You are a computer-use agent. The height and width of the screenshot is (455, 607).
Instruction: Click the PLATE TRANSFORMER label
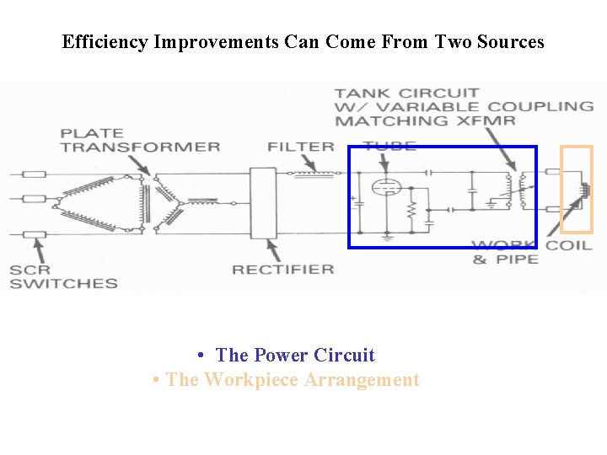tap(140, 140)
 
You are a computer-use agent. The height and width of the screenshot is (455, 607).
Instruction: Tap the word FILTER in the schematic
tap(301, 147)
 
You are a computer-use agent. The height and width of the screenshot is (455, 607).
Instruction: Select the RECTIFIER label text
tap(283, 270)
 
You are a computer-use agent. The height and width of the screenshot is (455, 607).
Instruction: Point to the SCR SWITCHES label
tap(63, 277)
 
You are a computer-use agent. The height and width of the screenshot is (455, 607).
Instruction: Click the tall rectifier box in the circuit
tap(263, 203)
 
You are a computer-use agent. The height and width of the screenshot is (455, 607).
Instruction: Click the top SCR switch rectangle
tap(34, 174)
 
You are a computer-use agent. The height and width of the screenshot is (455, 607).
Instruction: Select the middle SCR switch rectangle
tap(34, 200)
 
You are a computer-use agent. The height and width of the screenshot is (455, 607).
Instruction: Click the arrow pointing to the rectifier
tap(271, 249)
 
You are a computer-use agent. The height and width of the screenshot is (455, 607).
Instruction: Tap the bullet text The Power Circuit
tap(295, 355)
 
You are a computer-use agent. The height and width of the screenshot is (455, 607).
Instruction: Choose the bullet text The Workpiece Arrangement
tap(293, 380)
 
